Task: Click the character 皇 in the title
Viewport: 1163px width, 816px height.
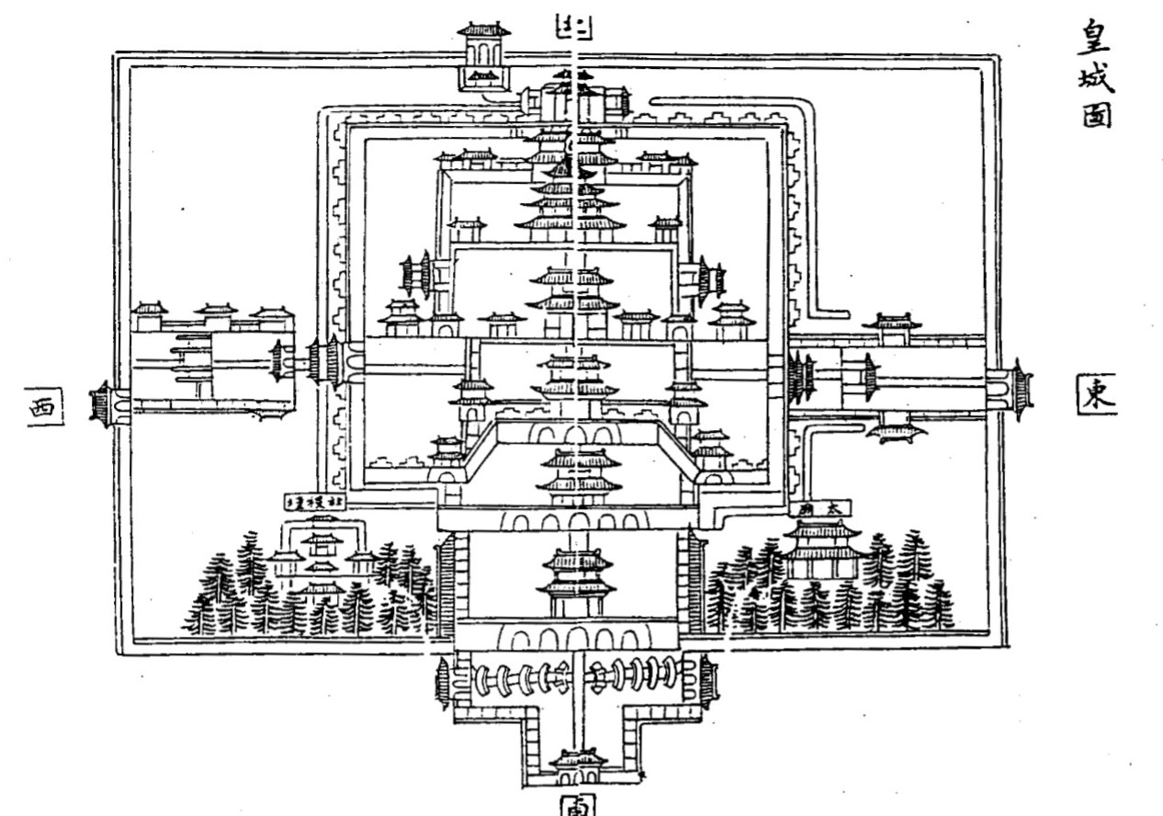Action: point(1096,37)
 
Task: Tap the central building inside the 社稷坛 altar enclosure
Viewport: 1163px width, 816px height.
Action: point(322,561)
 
